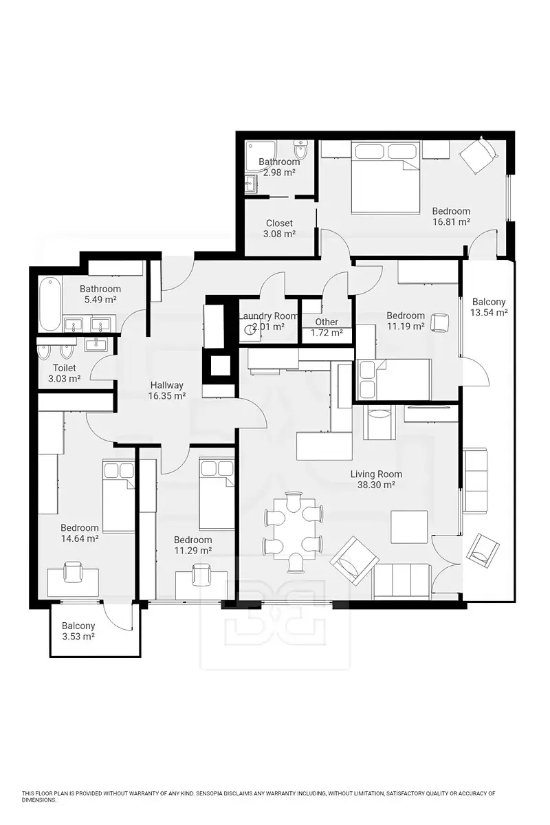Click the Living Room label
coord(376,474)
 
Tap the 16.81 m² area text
coord(451,221)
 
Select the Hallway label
coord(166,385)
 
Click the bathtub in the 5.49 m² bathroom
coord(50,305)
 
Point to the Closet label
coord(279,223)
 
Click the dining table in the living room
coord(294,529)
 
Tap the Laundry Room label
coord(268,316)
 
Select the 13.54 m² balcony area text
coord(489,312)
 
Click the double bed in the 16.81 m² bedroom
coord(386,177)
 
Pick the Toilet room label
coord(65,368)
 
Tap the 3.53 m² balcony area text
coord(78,636)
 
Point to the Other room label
coord(327,322)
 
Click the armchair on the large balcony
coord(483,548)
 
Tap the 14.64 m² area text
coord(80,538)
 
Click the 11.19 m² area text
coord(405,326)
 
